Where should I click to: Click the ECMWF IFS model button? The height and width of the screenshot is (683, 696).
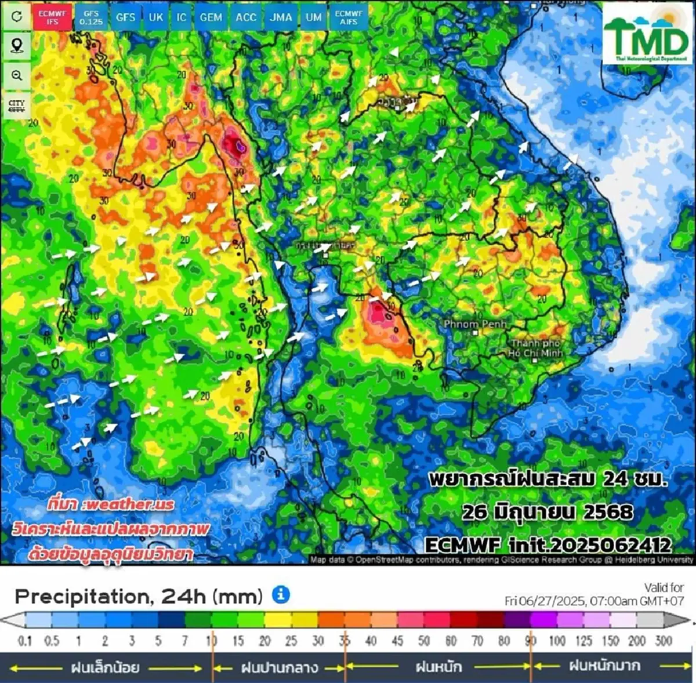point(53,17)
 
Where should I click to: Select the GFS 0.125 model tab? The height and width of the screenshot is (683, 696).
point(90,17)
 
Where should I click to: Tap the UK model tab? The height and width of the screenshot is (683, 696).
point(155,17)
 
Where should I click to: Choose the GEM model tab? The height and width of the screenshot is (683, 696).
point(211,17)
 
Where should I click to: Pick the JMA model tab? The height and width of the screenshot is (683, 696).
point(281,17)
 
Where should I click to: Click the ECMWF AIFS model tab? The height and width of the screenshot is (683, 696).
point(349,17)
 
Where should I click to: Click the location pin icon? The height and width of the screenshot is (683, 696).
point(17,45)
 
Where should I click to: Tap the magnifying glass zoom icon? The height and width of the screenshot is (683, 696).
point(17,75)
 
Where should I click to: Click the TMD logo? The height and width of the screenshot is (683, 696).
point(647,33)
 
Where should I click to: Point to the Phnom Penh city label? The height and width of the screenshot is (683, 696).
point(475,324)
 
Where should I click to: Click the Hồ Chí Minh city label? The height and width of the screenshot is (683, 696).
point(535,348)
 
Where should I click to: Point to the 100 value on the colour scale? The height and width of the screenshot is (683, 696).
point(557,641)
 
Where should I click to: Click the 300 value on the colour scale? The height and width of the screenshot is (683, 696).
point(663,641)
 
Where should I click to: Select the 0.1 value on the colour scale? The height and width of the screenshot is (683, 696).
point(25,641)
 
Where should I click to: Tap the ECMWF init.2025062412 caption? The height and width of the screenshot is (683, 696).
point(548,545)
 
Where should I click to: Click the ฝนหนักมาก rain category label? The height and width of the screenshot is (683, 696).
point(604,666)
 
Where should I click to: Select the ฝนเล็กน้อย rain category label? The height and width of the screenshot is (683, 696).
point(105,667)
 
